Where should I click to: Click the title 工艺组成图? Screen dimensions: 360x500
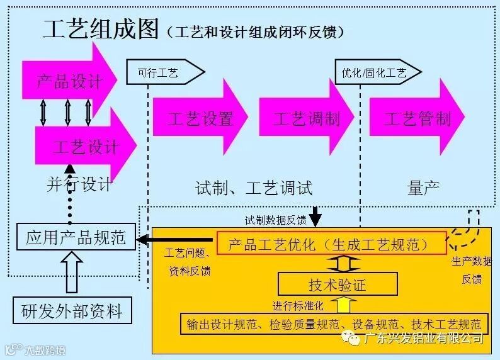(x=101, y=29)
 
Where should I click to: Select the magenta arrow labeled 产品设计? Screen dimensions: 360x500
(x=69, y=80)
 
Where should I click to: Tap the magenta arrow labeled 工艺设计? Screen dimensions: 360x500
(x=85, y=146)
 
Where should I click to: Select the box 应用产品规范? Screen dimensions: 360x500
(x=76, y=238)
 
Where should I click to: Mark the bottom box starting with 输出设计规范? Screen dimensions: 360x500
(x=334, y=324)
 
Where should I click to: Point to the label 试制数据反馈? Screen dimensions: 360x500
(x=276, y=220)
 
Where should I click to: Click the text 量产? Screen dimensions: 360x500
(x=423, y=186)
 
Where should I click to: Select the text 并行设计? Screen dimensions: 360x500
(x=80, y=184)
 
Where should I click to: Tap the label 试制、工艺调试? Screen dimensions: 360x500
(x=254, y=187)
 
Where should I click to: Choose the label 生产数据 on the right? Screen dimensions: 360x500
(x=472, y=260)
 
